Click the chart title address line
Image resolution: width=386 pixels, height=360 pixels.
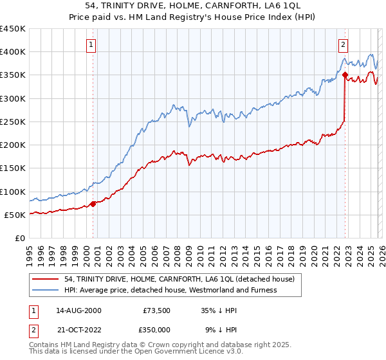193,6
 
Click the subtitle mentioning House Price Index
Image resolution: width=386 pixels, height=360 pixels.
193,17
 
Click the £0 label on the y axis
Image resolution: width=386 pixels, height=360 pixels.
19,238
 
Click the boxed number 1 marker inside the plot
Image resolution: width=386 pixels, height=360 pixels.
91,45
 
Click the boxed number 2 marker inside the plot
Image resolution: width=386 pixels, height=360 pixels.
344,45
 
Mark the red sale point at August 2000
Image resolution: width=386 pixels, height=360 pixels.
93,204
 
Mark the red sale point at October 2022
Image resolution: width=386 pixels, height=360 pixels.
345,75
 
